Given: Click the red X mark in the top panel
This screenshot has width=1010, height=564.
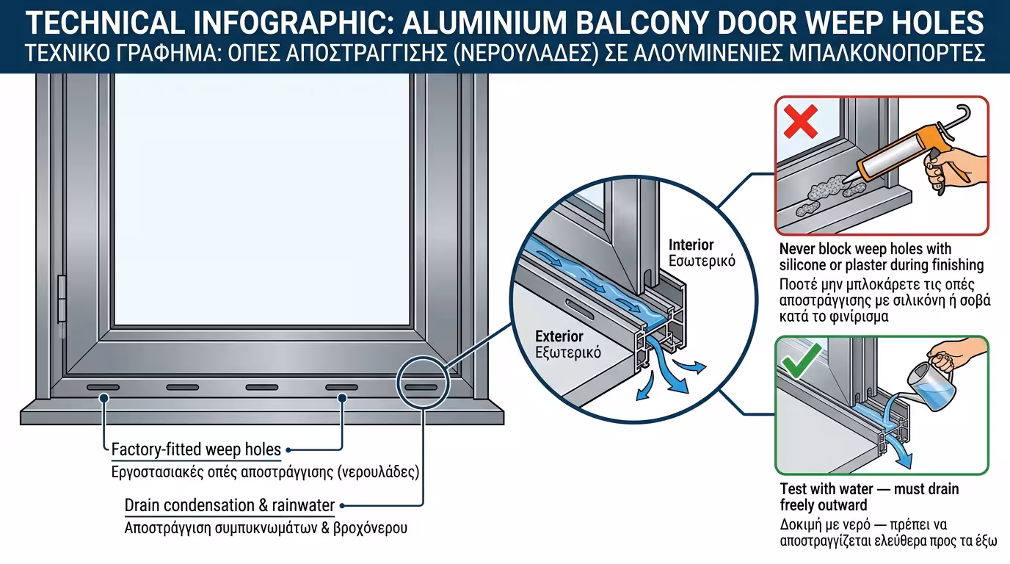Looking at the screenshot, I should [801, 121].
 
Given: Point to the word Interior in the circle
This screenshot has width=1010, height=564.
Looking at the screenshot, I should [691, 245].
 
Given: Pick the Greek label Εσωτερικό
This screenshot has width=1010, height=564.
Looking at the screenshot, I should [702, 261].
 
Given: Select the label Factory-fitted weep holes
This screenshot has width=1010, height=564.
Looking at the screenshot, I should [196, 449].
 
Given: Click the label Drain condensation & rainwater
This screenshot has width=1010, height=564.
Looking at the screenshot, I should [230, 505].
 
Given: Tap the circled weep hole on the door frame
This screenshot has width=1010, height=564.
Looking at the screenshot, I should [421, 386].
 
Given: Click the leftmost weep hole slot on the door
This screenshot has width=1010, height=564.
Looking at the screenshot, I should [103, 386].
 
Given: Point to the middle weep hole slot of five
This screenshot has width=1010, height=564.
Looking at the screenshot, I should [262, 386].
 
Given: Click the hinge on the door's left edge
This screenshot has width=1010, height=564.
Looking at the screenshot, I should [62, 298].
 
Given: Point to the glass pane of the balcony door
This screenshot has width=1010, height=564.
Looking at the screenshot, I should [261, 198].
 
